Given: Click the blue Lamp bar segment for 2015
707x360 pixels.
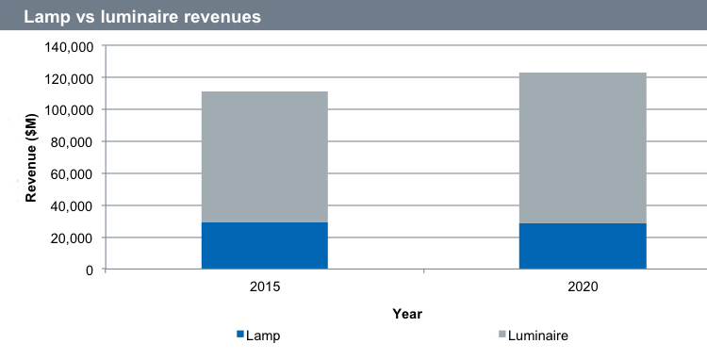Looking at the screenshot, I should (265, 246).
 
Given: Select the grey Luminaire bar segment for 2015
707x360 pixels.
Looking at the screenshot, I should (265, 156).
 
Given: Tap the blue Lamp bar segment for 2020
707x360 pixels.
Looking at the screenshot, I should (583, 246).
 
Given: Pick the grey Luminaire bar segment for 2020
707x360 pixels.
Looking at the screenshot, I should (583, 148).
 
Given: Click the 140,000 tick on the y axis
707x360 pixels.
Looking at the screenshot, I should (69, 45).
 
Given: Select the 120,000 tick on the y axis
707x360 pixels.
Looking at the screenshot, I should (69, 77).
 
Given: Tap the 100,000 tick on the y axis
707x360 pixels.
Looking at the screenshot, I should (69, 109).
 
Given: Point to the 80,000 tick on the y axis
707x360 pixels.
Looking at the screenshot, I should (73, 141).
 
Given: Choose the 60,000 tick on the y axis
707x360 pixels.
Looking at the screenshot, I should (73, 173).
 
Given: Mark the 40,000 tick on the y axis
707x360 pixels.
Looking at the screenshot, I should (73, 205).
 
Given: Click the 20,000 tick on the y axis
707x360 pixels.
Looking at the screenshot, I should (73, 237).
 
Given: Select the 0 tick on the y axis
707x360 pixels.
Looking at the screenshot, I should (90, 270).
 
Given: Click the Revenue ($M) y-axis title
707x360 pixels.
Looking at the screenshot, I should (31, 157).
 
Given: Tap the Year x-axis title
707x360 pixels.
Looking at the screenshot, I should (408, 313).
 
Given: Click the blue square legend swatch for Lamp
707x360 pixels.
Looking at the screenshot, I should (238, 335).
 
